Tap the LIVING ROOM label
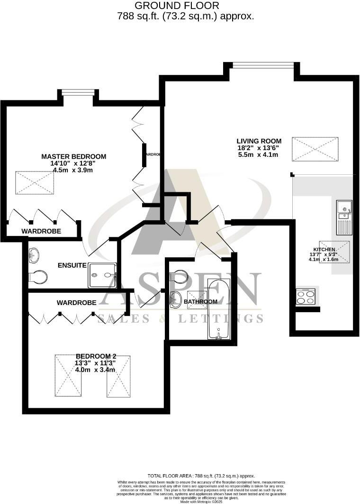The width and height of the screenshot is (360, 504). coord(259,141)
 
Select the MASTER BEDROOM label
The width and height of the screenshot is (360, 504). coord(73,156)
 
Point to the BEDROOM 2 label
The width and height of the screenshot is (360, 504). coord(96,356)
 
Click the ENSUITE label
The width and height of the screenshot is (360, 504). coord(72,265)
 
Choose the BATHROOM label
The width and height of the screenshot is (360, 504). coord(200,301)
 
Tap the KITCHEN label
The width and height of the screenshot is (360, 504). coord(324,250)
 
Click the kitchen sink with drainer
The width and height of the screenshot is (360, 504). coord(344,217)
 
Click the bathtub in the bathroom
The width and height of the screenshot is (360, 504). coord(219,309)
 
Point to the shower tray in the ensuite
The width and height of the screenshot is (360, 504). coord(102,275)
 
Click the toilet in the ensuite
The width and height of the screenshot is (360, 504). coord(38,277)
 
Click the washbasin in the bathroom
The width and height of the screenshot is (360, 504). coord(175,300)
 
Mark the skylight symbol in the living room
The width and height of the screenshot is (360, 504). coord(315,149)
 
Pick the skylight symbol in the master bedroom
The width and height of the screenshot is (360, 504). coord(35,183)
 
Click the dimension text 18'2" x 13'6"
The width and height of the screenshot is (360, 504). coord(259,148)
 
